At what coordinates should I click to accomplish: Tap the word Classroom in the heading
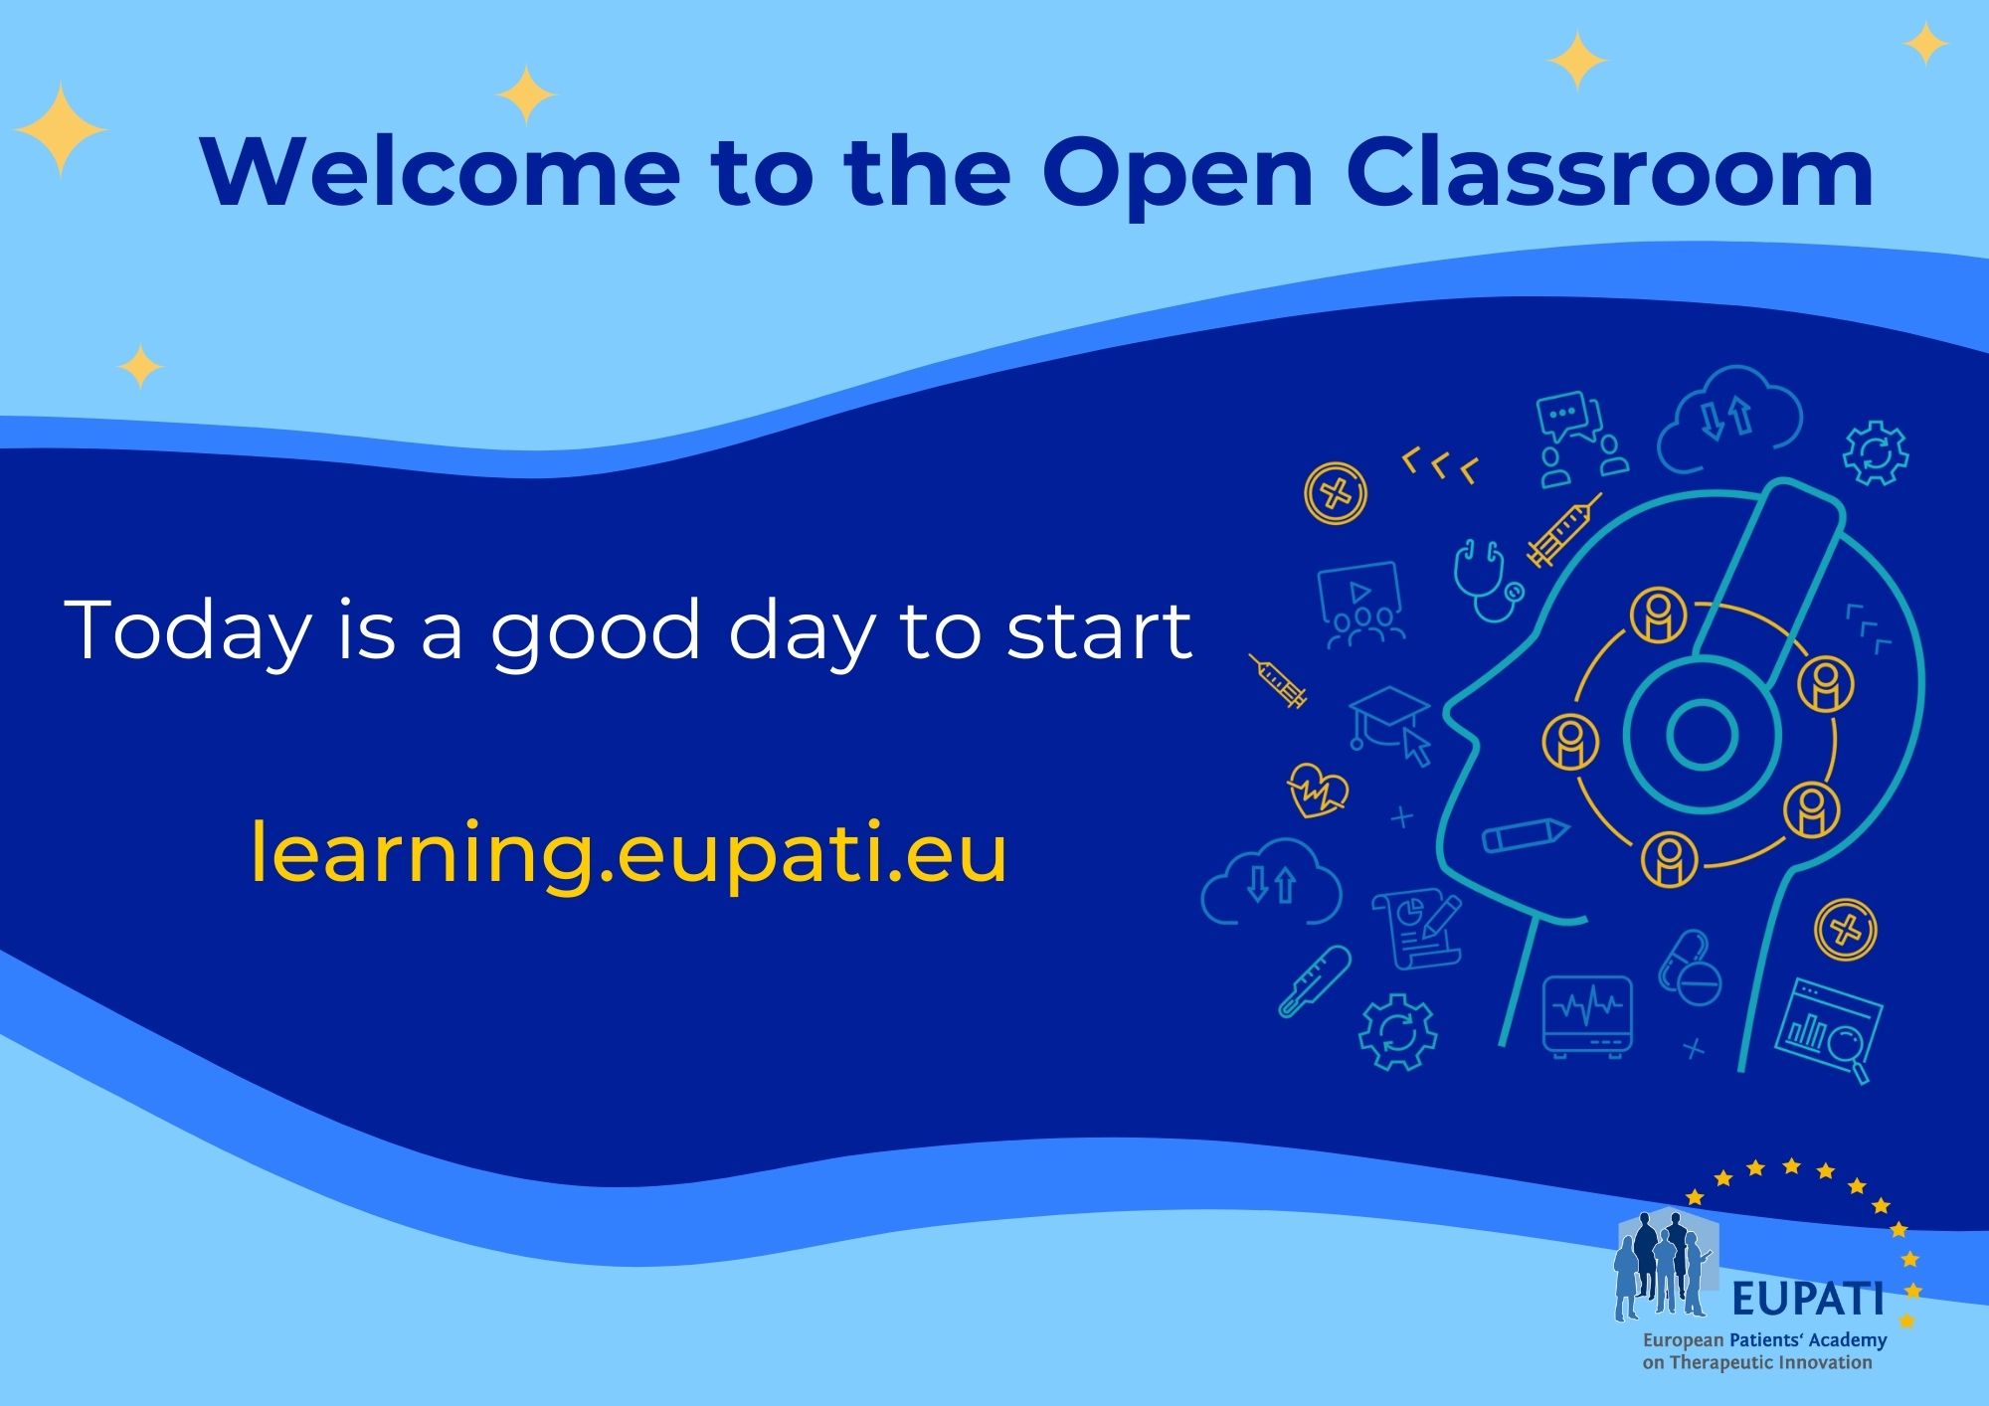click(x=1609, y=172)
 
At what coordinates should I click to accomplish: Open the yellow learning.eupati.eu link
click(x=629, y=853)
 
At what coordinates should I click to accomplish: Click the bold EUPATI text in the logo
click(x=1807, y=1298)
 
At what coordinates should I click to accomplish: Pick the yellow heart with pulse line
click(x=1317, y=790)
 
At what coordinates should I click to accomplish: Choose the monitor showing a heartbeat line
click(x=1587, y=1014)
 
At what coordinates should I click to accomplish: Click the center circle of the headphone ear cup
click(x=1702, y=735)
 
